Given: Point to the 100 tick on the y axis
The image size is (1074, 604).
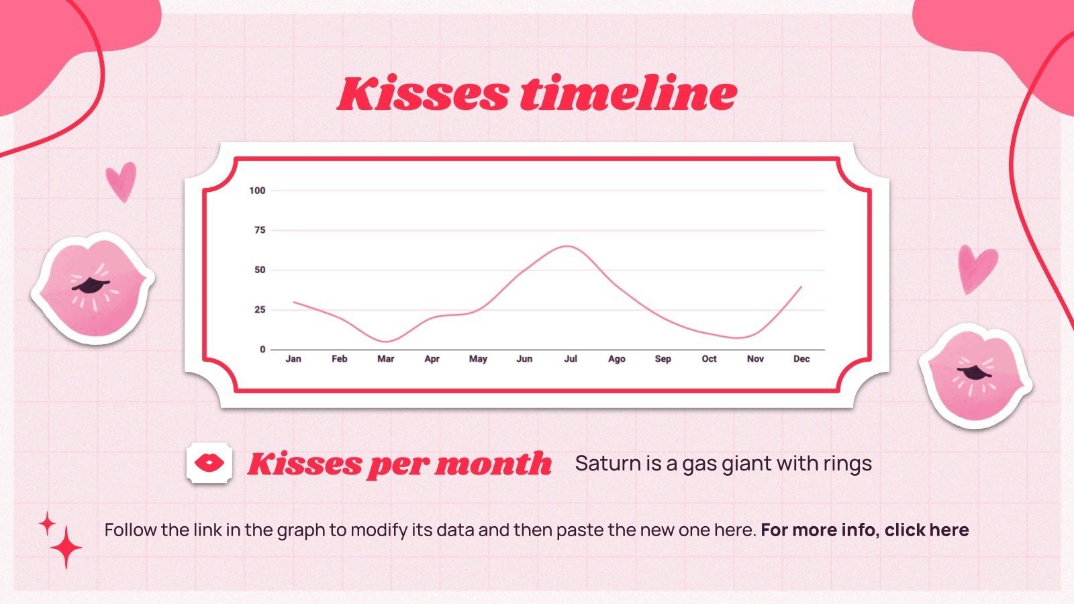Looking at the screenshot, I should tap(257, 191).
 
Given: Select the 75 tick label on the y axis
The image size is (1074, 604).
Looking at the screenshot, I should tap(259, 230).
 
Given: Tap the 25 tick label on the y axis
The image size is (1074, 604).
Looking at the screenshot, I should tap(259, 310).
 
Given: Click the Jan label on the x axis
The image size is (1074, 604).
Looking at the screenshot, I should tap(293, 359).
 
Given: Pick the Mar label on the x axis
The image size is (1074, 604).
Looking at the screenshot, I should tap(385, 359).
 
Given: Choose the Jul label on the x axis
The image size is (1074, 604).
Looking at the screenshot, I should tap(570, 359).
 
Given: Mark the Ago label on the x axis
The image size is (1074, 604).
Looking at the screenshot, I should tap(616, 359).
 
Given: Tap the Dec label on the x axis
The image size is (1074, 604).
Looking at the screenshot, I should tap(801, 359).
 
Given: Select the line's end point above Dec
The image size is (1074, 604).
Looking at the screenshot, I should tap(801, 287).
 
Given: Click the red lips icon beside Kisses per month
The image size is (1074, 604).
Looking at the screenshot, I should tap(209, 462).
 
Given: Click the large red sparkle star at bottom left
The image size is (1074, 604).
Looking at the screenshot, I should tap(66, 547).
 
